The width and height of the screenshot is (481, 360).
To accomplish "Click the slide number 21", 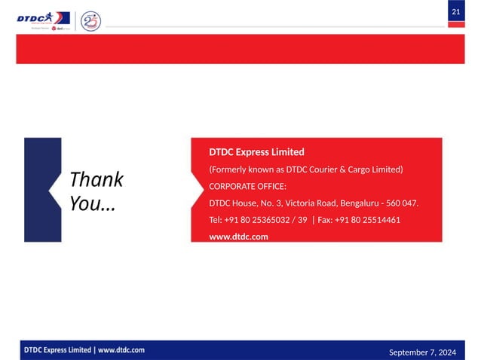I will pyautogui.click(x=456, y=12).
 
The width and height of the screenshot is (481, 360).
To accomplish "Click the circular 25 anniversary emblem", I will pyautogui.click(x=90, y=20).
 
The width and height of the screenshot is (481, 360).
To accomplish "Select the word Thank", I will pyautogui.click(x=96, y=179).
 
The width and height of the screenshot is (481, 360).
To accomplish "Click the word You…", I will pyautogui.click(x=92, y=203).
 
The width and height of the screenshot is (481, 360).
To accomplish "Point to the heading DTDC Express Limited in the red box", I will pyautogui.click(x=256, y=152).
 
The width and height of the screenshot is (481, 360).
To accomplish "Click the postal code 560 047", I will pyautogui.click(x=400, y=203).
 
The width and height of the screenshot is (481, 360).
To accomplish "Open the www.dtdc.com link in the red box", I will pyautogui.click(x=238, y=237).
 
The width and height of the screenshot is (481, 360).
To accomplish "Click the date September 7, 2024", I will pyautogui.click(x=422, y=352).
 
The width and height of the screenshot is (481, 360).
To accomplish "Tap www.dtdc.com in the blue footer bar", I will pyautogui.click(x=121, y=350).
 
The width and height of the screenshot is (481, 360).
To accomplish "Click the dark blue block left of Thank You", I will pyautogui.click(x=36, y=189).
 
